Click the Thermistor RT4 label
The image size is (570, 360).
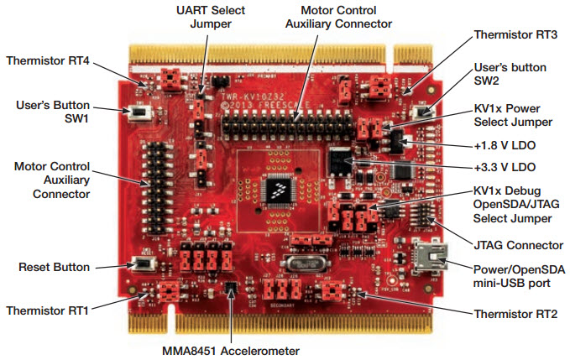tap(50, 61)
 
